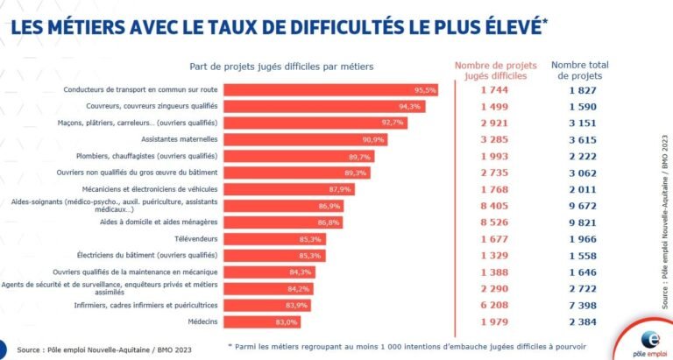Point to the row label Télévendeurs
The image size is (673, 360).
click(193, 238)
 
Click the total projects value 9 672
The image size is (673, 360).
click(579, 205)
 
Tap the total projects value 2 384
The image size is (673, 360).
click(579, 321)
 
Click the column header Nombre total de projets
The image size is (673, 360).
click(579, 71)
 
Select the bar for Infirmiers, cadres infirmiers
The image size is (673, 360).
click(266, 305)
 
